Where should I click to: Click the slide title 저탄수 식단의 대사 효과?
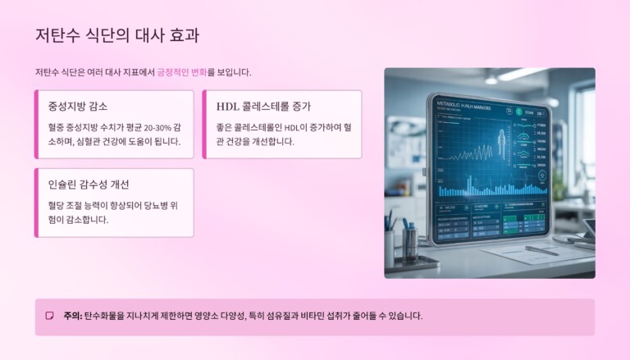116,35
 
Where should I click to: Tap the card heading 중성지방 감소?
78,107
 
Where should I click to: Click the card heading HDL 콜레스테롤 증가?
263,107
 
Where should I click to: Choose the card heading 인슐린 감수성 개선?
89,185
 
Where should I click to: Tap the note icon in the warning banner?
50,316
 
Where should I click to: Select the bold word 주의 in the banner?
71,316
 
